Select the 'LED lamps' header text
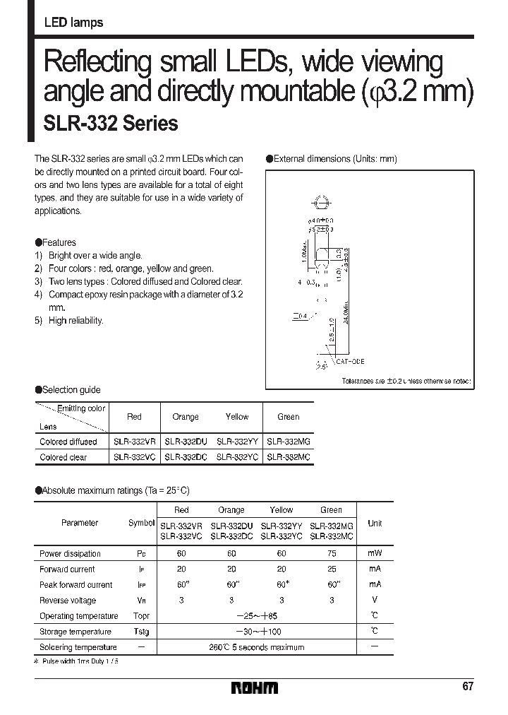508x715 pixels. pos(73,23)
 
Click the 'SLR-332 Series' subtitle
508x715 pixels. pos(111,123)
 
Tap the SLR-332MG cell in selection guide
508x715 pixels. pos(289,442)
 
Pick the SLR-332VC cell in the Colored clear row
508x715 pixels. pos(135,457)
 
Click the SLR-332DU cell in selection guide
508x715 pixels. pos(186,442)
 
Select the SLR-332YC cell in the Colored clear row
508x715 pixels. pos(237,457)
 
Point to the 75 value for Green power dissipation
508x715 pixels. pos(331,554)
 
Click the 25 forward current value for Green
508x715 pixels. pos(331,569)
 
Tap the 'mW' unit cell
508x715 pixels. pos(374,554)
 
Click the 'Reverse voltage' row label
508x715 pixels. pos(68,601)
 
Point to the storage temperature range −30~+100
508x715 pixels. pos(257,632)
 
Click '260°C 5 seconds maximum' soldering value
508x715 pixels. pos(256,647)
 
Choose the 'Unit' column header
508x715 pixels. pos(375,524)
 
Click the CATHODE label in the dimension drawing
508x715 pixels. pos(350,361)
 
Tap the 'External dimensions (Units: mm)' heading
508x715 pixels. pos(331,159)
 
